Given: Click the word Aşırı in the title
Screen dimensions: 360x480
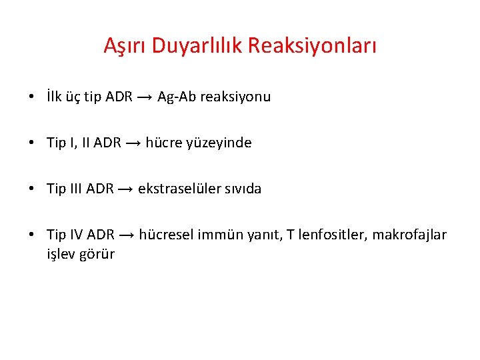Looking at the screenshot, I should click(125, 46).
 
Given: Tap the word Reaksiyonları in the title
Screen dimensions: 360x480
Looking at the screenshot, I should click(313, 46).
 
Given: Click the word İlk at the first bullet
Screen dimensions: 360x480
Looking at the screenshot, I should click(56, 97).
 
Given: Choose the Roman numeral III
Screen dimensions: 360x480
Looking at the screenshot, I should click(75, 189).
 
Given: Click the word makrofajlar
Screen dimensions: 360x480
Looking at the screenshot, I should click(409, 235).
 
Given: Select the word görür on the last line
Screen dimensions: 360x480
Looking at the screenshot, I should click(97, 254).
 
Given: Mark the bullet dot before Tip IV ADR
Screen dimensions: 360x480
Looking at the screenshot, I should click(32, 235).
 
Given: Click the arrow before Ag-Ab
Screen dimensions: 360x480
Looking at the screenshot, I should click(145, 97).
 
